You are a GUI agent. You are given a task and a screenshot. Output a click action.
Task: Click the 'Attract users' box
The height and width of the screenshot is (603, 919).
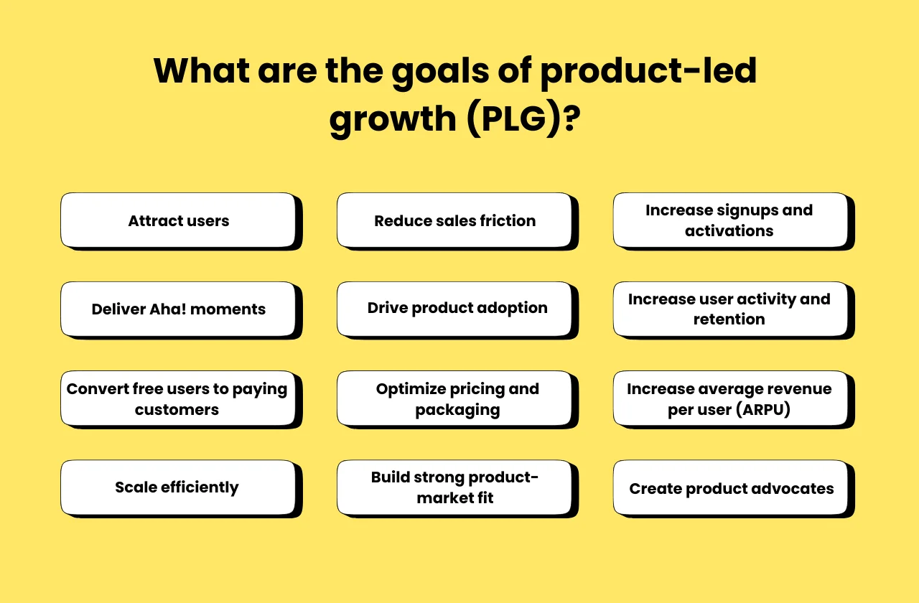click(178, 220)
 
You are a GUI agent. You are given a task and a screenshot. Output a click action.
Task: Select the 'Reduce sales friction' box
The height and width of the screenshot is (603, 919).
click(454, 220)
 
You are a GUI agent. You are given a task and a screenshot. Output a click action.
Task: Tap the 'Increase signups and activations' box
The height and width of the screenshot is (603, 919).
click(730, 220)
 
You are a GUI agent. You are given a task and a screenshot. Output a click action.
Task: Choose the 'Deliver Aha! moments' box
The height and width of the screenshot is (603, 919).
click(178, 309)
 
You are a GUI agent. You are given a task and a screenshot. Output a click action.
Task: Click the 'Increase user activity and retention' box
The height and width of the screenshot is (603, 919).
click(730, 309)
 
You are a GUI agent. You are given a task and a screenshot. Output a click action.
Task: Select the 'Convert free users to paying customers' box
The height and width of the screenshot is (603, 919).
click(178, 398)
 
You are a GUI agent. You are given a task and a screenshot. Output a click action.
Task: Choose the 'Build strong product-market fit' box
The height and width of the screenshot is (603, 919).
click(454, 487)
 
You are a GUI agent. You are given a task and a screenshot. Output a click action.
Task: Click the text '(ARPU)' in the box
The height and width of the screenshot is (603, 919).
click(762, 411)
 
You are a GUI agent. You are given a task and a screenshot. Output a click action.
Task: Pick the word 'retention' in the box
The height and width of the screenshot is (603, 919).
click(729, 319)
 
